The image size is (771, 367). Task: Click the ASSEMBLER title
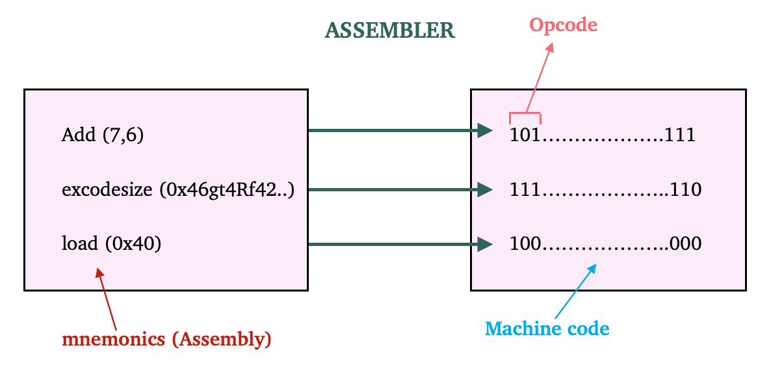pos(389,31)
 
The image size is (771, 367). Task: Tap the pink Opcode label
pos(562,25)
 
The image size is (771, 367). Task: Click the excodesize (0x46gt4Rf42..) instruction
pos(177,190)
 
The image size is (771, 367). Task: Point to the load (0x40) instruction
pos(111,244)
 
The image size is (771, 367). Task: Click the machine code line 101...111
pos(603,135)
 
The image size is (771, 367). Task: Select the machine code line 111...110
pos(605,190)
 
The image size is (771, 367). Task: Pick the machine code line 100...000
pos(605,244)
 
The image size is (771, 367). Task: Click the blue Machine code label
pos(547,329)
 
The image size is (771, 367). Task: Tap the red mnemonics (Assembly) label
pos(166,339)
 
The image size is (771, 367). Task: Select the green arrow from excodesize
pos(399,190)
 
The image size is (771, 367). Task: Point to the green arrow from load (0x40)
pos(399,245)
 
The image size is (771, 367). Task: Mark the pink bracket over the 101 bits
pos(525,117)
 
